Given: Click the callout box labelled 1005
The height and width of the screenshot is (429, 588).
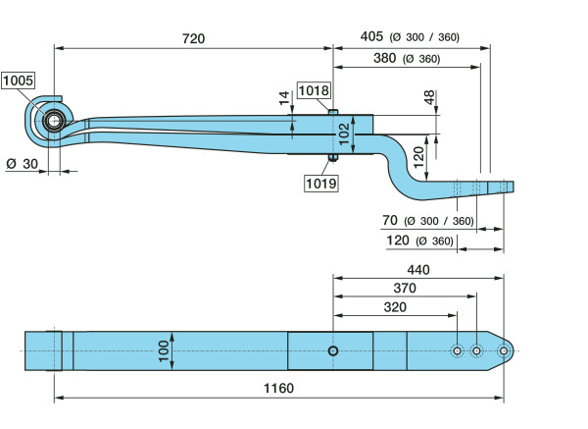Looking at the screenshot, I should pyautogui.click(x=17, y=81).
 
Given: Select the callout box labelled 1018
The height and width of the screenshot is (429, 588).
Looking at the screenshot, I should pyautogui.click(x=315, y=90).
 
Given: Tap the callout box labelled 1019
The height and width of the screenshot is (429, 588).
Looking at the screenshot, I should pyautogui.click(x=320, y=182).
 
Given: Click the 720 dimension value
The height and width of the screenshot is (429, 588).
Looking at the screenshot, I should pyautogui.click(x=193, y=38).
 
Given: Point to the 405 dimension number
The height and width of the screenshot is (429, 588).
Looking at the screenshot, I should pyautogui.click(x=371, y=37).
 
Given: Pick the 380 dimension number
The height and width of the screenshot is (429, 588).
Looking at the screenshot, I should pyautogui.click(x=385, y=58).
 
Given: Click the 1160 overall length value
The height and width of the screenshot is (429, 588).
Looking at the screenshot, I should pyautogui.click(x=278, y=389).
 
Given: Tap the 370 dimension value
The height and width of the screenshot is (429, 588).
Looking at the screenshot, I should pyautogui.click(x=404, y=288).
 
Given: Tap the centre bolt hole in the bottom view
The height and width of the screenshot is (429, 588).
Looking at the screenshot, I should pyautogui.click(x=334, y=351).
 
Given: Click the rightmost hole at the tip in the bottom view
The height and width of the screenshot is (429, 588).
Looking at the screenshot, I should pyautogui.click(x=504, y=351).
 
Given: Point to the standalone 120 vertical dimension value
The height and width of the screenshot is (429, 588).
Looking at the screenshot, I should pyautogui.click(x=419, y=153).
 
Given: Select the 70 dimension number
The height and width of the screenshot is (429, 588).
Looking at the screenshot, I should pyautogui.click(x=389, y=220).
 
